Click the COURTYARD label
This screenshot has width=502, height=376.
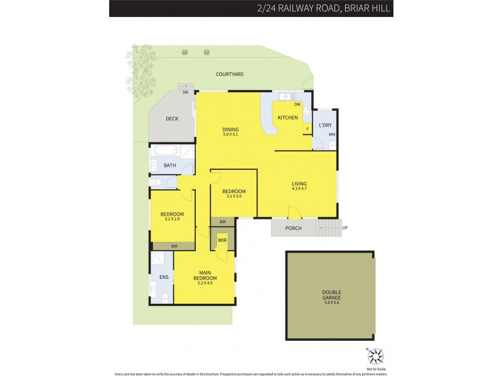pyautogui.click(x=230, y=74)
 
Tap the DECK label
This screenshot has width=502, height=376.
pyautogui.click(x=172, y=118)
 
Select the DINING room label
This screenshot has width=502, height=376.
pyautogui.click(x=230, y=130)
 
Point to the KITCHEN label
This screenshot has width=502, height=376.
pyautogui.click(x=287, y=118)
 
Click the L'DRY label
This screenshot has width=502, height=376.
pyautogui.click(x=325, y=125)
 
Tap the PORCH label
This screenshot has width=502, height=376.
pyautogui.click(x=293, y=228)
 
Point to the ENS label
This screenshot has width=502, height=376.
pyautogui.click(x=164, y=276)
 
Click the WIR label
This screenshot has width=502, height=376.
pyautogui.click(x=222, y=240)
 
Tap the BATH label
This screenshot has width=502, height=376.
pyautogui.click(x=170, y=165)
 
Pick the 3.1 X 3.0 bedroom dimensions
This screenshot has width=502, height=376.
pyautogui.click(x=233, y=196)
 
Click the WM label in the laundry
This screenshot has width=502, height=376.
pyautogui.click(x=331, y=135)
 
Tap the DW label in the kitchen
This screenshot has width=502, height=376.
pyautogui.click(x=297, y=105)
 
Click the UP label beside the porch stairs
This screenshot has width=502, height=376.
pyautogui.click(x=344, y=227)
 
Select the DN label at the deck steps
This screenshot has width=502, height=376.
pyautogui.click(x=186, y=93)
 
